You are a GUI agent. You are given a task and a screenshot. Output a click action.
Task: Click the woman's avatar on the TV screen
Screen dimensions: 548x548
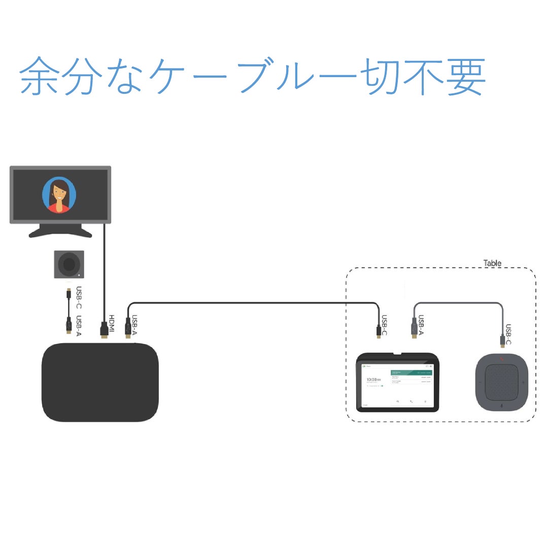tap(59, 195)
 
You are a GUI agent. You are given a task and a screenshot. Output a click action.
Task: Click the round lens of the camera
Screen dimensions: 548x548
tap(69, 264)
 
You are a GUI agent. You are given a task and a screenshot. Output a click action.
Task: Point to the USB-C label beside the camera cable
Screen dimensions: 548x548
tap(79, 298)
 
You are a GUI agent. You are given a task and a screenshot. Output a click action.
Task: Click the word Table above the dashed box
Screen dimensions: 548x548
tap(492, 263)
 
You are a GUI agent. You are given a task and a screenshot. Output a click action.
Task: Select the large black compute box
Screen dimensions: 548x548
tap(99, 382)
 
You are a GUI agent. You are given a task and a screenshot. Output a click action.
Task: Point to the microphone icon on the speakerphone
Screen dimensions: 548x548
tap(501, 404)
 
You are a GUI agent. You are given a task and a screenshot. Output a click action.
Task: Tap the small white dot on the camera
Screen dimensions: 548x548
tap(79, 274)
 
